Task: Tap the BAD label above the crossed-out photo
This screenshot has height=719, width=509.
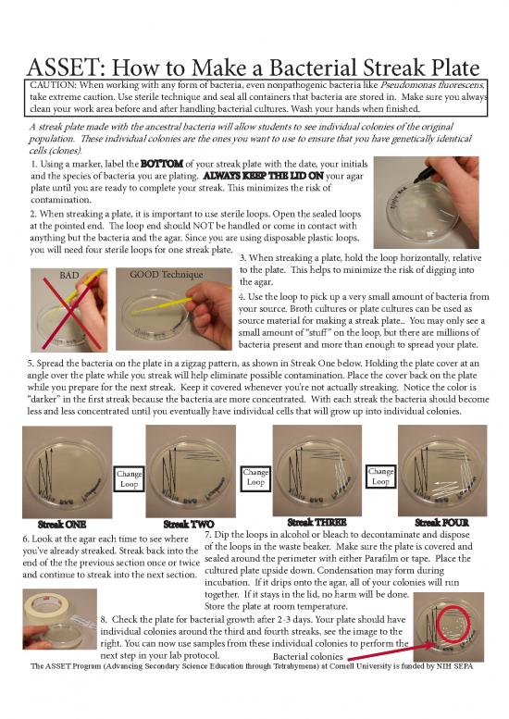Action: pos(69,275)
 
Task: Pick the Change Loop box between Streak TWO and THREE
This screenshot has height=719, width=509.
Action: pos(257,477)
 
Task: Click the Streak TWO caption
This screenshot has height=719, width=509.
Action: pos(188,525)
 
